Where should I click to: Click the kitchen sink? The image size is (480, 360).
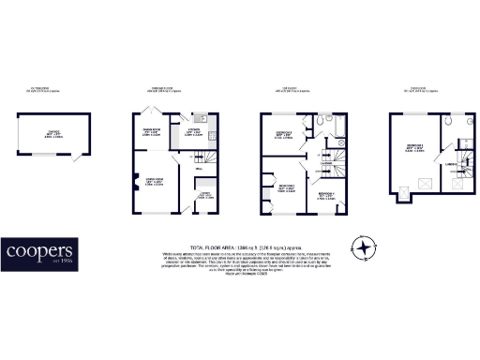tap(200, 120)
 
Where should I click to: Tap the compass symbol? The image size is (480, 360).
tap(362, 247)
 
